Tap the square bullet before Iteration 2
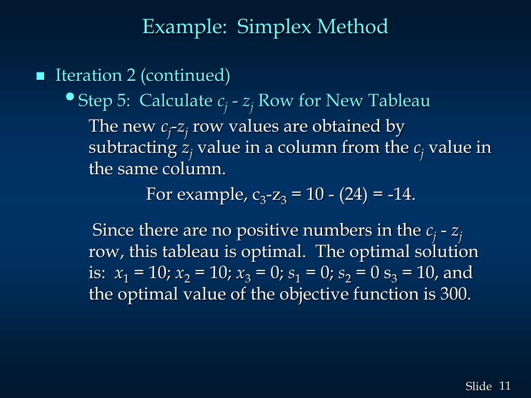point(40,77)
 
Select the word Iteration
point(89,76)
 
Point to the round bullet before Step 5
point(71,98)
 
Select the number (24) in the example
point(352,195)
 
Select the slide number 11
point(505,386)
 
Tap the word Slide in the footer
point(478,386)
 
